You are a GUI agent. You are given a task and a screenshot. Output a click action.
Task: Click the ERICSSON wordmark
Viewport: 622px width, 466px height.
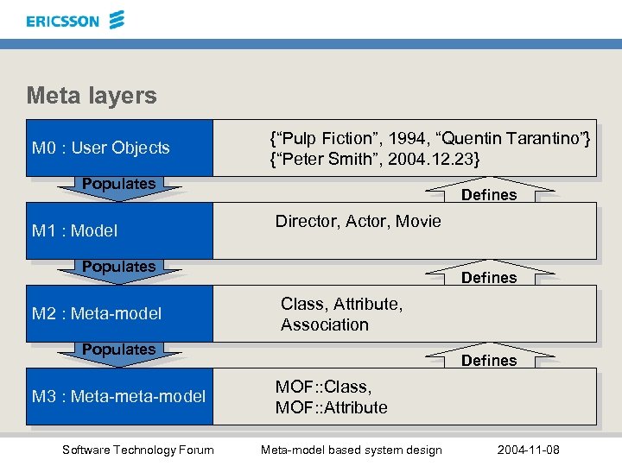pyautogui.click(x=62, y=21)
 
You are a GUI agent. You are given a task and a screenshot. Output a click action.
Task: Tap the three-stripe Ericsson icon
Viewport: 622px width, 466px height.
pyautogui.click(x=117, y=19)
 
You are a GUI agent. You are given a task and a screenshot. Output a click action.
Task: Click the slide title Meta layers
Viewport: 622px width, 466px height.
pyautogui.click(x=92, y=95)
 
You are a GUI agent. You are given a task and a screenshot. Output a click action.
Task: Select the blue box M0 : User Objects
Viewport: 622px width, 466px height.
pyautogui.click(x=118, y=148)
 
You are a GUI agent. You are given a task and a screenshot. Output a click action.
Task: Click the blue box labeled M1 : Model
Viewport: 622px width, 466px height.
pyautogui.click(x=118, y=230)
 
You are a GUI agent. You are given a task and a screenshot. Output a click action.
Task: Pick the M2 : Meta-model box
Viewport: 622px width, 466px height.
pyautogui.click(x=118, y=313)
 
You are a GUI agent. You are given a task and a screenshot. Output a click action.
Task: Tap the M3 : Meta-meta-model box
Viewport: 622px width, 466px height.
pyautogui.click(x=118, y=396)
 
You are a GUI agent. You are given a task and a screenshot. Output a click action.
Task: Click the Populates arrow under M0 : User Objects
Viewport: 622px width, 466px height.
pyautogui.click(x=118, y=186)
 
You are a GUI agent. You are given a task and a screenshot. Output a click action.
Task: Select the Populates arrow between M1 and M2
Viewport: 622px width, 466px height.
pyautogui.click(x=118, y=269)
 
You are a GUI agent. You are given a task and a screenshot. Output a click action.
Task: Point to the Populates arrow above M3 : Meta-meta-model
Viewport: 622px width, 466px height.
pyautogui.click(x=118, y=352)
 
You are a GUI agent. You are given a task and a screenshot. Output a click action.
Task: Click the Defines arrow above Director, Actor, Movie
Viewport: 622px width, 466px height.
pyautogui.click(x=489, y=192)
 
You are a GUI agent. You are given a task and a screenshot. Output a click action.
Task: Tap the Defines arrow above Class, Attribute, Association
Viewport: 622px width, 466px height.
pyautogui.click(x=489, y=275)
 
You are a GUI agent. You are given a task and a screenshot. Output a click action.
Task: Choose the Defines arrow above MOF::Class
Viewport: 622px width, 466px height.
pyautogui.click(x=489, y=358)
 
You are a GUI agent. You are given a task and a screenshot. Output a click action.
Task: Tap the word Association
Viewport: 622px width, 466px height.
pyautogui.click(x=324, y=325)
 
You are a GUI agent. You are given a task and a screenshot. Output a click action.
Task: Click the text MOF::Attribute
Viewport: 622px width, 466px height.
pyautogui.click(x=331, y=407)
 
